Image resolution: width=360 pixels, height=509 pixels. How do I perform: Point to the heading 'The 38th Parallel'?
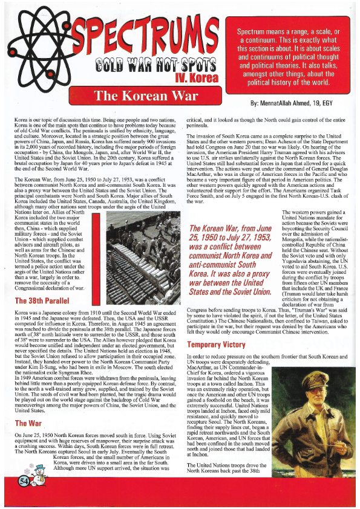[x=41, y=301]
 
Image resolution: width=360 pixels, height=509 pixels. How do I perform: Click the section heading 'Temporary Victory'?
[x=221, y=344]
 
